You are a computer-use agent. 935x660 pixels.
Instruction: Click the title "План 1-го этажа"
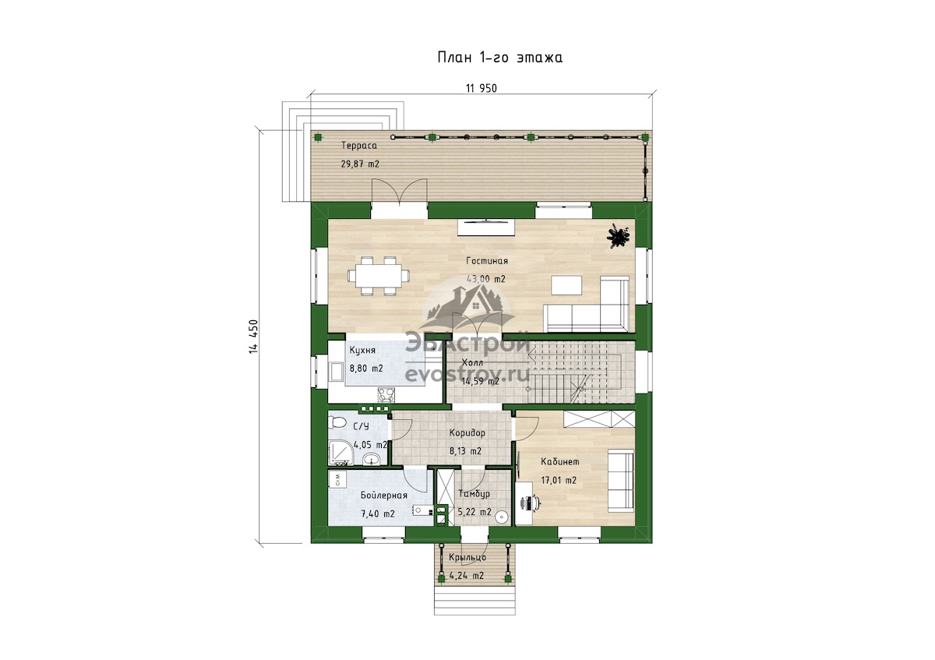tap(499, 57)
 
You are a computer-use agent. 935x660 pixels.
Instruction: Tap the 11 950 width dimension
tap(482, 89)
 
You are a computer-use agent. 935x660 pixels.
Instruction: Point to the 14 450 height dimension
tap(253, 337)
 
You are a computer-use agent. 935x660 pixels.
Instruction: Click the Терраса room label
tap(359, 146)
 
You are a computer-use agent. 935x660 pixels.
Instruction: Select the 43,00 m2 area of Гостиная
tap(486, 279)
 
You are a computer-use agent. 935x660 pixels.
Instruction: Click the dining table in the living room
tap(378, 276)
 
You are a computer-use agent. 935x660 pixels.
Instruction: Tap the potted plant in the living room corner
tap(618, 237)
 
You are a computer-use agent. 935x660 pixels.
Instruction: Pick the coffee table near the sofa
tap(566, 285)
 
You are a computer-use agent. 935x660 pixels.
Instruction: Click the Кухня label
tap(362, 350)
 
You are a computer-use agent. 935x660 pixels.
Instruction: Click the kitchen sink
tap(335, 372)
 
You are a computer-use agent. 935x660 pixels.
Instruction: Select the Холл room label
tap(472, 362)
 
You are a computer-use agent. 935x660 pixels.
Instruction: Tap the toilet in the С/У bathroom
tap(337, 423)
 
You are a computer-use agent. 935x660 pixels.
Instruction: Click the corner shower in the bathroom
tap(340, 454)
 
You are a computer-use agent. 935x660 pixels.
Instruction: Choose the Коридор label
tap(467, 433)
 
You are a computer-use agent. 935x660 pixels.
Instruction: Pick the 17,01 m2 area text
tap(559, 481)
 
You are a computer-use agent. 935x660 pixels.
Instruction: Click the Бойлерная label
tap(384, 496)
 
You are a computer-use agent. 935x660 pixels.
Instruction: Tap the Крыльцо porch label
tap(467, 557)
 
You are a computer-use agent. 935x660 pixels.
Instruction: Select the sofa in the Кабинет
tap(621, 481)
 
